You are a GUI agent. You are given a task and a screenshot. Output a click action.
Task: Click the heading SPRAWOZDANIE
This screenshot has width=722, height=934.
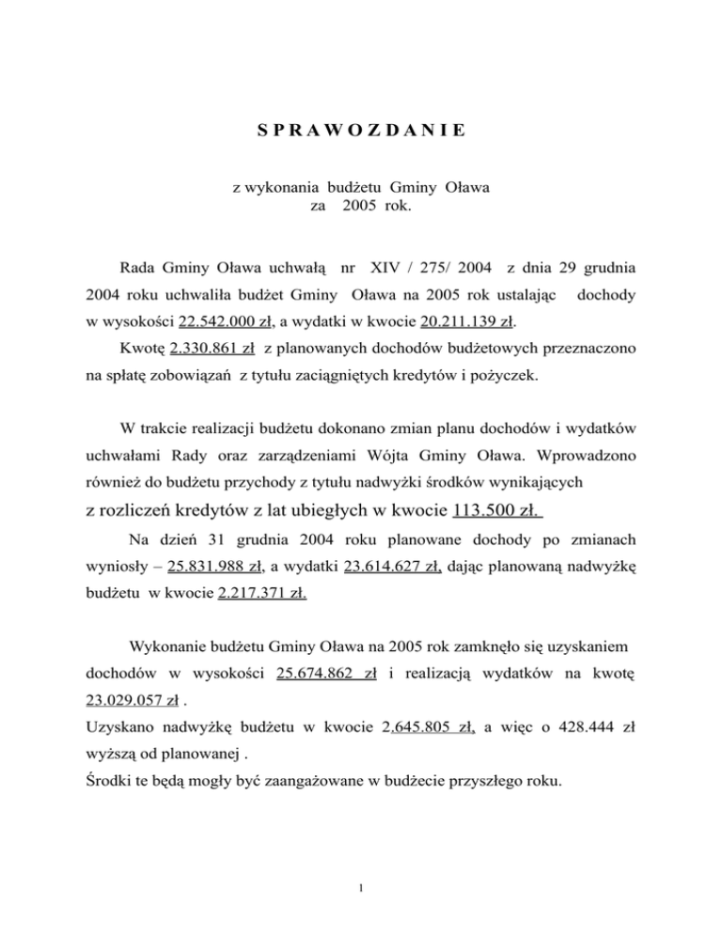coord(360,130)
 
